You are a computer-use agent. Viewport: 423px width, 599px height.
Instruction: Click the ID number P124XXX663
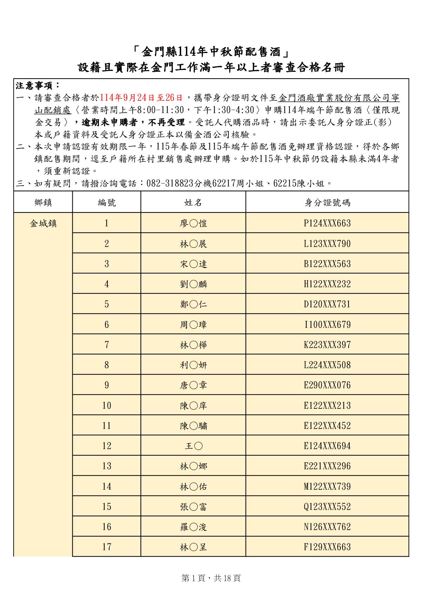pos(327,223)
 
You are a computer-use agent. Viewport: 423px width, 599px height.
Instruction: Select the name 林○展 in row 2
pos(193,244)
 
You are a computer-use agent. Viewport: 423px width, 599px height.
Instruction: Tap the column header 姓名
pos(193,203)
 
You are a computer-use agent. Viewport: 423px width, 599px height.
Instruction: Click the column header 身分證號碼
pos(327,203)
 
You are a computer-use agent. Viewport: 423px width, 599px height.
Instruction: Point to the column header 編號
pos(107,203)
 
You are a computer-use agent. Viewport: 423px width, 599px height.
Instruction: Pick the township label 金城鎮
pos(43,224)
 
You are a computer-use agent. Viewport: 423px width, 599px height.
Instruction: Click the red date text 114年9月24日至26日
pos(141,98)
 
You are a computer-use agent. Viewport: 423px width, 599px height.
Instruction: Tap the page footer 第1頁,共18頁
pos(211,578)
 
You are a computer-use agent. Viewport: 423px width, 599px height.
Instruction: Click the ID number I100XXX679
pos(327,324)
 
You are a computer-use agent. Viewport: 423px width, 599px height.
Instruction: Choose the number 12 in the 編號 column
pos(107,446)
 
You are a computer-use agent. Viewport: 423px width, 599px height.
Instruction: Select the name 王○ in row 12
pos(193,446)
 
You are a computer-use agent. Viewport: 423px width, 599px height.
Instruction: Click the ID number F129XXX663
pos(327,547)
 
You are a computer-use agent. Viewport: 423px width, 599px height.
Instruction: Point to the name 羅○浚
pos(193,527)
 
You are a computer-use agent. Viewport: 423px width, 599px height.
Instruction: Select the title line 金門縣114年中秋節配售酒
pos(211,52)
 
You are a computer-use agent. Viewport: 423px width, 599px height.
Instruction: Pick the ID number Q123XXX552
pos(327,506)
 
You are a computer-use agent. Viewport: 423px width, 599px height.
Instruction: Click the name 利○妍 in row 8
pos(193,365)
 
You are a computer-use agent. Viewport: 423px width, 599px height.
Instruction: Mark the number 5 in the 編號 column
pos(107,304)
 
